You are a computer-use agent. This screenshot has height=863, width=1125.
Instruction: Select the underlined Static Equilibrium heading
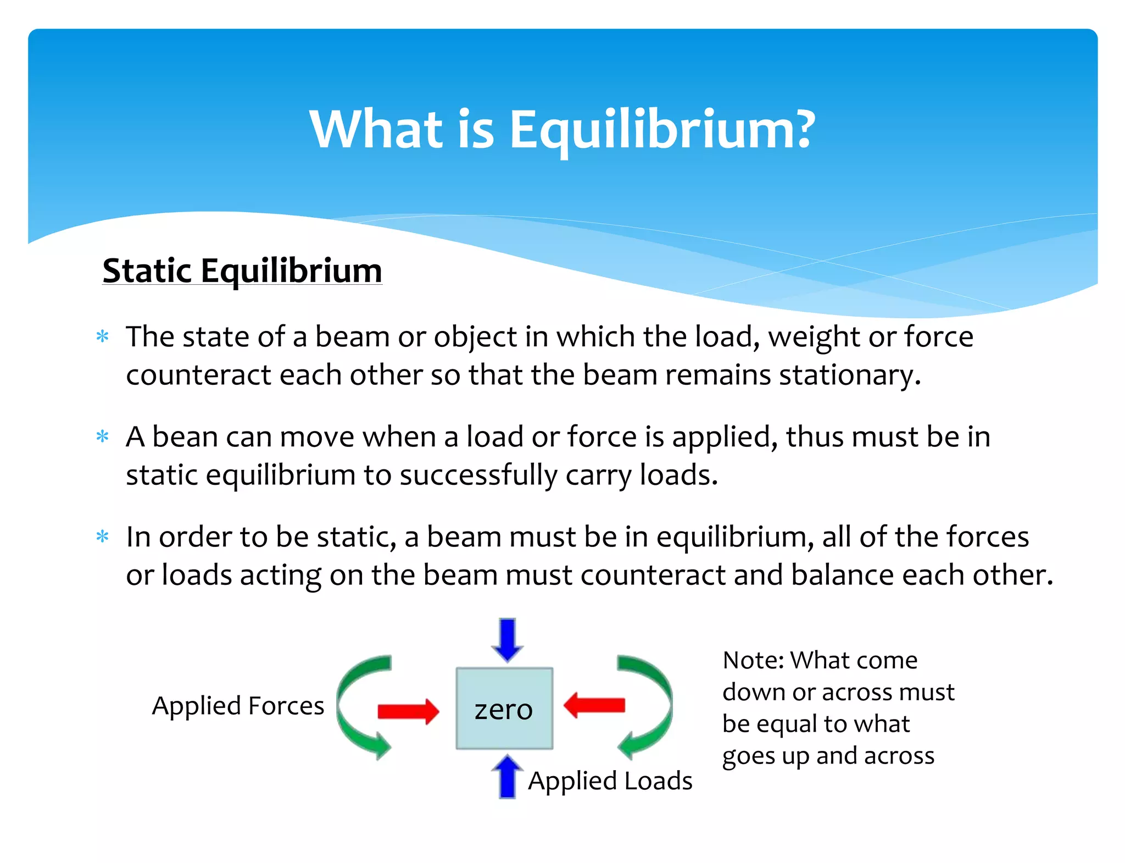point(242,271)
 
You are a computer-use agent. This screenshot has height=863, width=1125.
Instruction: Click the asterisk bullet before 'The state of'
point(103,336)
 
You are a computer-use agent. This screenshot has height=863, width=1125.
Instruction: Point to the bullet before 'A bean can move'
point(103,437)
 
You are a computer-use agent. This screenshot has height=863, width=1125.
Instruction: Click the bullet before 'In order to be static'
point(103,536)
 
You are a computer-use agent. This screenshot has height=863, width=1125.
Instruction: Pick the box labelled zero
point(504,709)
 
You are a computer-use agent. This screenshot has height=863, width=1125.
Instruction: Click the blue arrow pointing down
point(507,639)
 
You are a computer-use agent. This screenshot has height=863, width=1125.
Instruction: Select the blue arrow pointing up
point(507,777)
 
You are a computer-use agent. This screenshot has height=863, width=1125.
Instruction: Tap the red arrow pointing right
point(408,711)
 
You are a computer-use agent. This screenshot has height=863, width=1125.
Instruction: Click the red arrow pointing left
point(594,705)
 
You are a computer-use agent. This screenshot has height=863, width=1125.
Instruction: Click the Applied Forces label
point(238,706)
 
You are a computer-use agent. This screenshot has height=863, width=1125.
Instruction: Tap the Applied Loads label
point(610,781)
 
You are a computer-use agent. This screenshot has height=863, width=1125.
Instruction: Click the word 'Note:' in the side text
point(753,660)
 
